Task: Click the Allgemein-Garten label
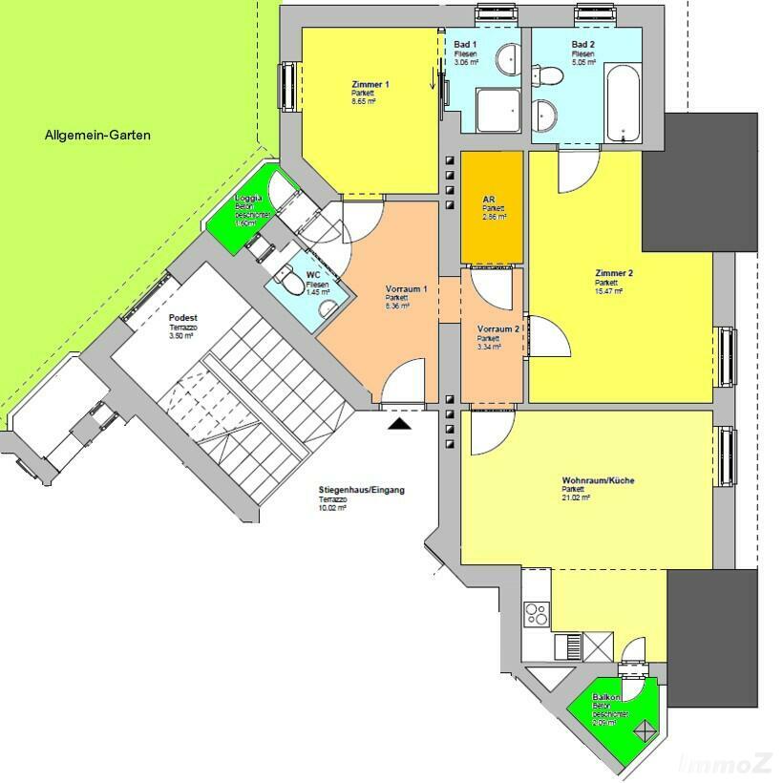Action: click(97, 136)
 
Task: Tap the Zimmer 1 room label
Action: click(370, 85)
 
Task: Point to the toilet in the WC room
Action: click(286, 282)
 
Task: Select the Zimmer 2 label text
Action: click(614, 273)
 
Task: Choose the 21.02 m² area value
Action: click(577, 498)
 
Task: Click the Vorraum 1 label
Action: click(406, 288)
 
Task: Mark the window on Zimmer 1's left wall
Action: click(286, 87)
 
